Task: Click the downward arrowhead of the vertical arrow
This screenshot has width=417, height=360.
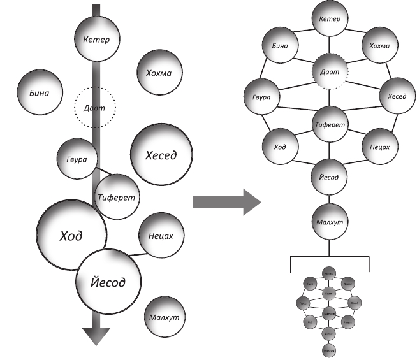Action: (x=96, y=335)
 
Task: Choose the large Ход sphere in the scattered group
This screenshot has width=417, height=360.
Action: (x=70, y=235)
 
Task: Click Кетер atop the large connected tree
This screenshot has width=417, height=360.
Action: (x=330, y=18)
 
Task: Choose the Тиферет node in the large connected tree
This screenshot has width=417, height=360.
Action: (x=330, y=124)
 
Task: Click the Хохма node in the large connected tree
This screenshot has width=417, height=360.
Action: (x=381, y=46)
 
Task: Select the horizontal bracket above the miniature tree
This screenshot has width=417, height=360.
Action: (x=330, y=256)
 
